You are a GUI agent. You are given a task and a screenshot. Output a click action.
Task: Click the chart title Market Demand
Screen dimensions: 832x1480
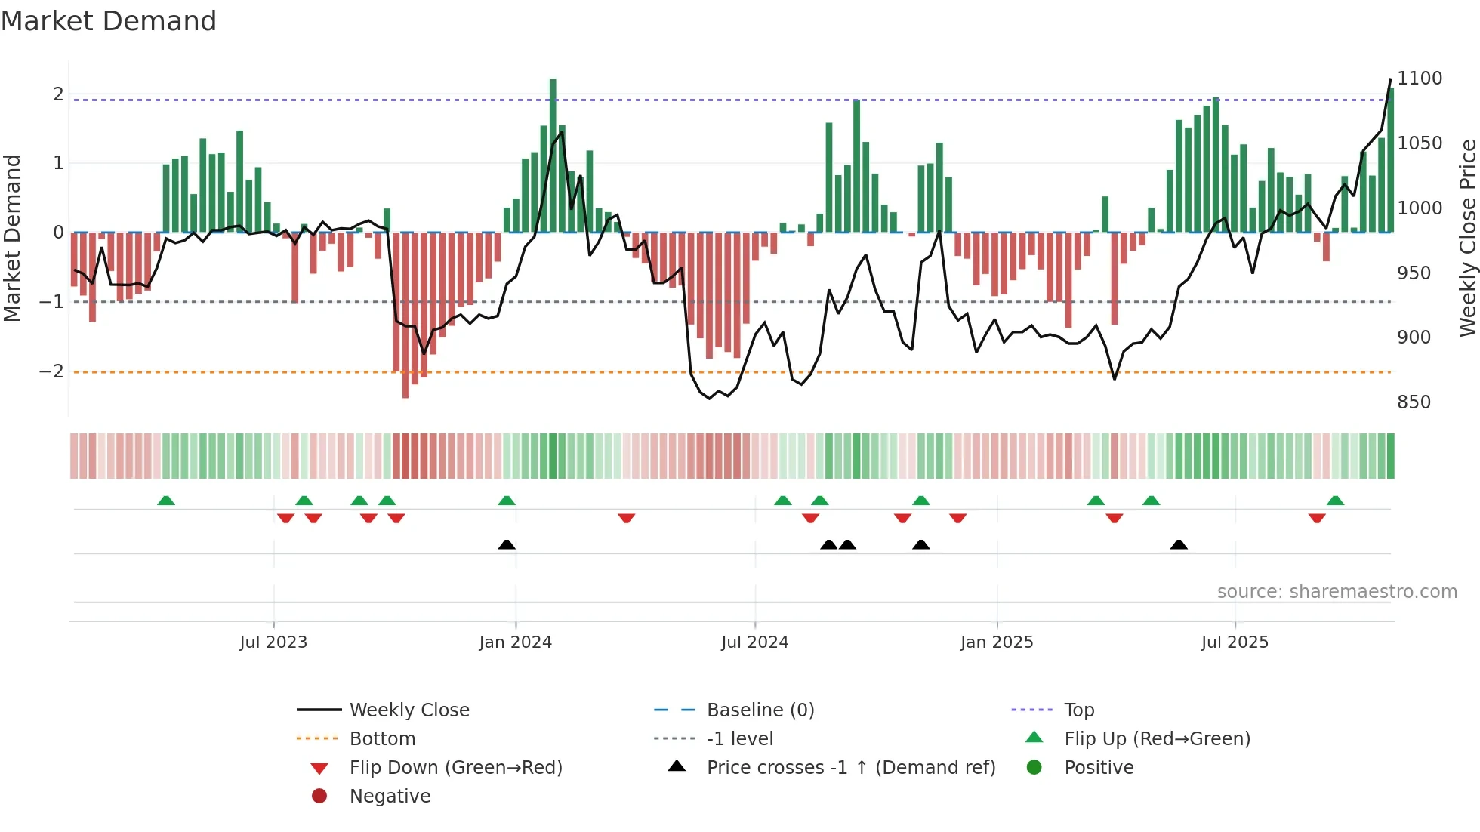point(109,21)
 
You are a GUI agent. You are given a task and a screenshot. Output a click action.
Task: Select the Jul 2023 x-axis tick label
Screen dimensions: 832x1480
point(273,642)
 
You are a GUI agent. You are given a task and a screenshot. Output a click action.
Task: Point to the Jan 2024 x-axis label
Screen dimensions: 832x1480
point(515,642)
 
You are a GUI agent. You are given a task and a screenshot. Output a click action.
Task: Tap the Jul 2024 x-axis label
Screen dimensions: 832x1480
point(754,642)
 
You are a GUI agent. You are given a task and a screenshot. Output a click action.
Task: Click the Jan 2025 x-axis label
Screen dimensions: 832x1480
point(996,642)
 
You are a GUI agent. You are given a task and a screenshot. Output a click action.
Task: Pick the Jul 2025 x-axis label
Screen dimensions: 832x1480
point(1235,642)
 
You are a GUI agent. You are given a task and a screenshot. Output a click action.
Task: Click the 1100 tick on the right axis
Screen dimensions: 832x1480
point(1419,79)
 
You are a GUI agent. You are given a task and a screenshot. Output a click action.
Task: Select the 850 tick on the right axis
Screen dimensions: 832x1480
point(1414,402)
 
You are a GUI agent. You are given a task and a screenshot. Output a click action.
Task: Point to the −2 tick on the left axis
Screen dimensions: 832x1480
point(51,371)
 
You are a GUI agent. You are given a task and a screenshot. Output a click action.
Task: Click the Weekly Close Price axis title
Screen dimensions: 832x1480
point(1467,238)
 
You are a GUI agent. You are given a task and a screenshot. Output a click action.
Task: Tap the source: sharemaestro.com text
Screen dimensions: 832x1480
point(1337,592)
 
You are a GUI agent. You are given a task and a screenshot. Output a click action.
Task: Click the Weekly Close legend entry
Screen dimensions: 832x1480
point(409,710)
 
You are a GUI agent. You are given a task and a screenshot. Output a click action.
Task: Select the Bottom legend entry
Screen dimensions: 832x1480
point(382,739)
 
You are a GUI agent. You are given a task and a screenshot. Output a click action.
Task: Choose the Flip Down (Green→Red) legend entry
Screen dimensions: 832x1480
point(455,768)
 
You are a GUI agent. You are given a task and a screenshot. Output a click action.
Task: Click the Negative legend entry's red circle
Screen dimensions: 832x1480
point(319,797)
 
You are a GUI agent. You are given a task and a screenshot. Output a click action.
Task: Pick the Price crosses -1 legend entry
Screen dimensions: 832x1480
point(850,768)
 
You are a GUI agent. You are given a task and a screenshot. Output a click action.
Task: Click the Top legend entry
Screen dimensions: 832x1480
point(1078,710)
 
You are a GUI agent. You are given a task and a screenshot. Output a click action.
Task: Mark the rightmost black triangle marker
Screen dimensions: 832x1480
point(1179,544)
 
